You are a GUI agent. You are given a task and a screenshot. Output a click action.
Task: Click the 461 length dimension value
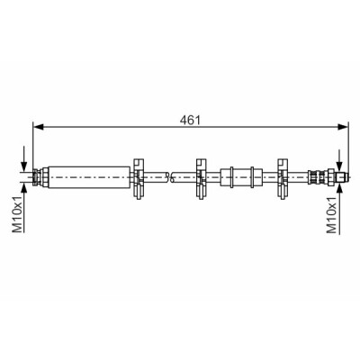(x=190, y=121)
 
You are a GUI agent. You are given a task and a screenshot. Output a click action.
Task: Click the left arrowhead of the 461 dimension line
(x=39, y=127)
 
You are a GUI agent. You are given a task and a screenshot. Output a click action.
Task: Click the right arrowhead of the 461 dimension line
(x=343, y=127)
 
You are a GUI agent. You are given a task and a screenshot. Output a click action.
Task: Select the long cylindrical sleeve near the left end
(x=89, y=177)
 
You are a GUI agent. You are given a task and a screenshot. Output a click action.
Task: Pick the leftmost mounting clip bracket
(x=138, y=178)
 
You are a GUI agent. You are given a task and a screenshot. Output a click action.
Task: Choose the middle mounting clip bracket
(x=202, y=178)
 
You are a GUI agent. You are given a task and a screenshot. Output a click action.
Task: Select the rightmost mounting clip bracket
(x=283, y=178)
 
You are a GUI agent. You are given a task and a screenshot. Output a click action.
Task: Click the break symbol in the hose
(x=169, y=177)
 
